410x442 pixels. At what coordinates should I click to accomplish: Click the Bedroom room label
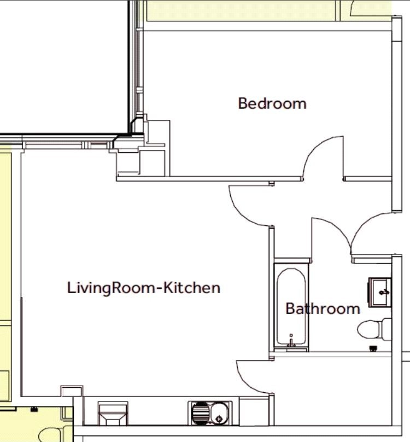tap(272, 103)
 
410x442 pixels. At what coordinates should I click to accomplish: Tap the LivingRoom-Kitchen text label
tap(144, 288)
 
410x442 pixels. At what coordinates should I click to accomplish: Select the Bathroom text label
tap(323, 309)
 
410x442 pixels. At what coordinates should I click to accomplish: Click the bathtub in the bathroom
tap(291, 307)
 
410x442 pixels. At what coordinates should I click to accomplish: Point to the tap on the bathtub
tap(291, 342)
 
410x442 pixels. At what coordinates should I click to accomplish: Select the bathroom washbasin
tap(380, 292)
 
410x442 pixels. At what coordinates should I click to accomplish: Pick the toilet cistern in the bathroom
tap(386, 329)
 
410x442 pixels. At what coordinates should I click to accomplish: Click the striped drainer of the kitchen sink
tap(200, 413)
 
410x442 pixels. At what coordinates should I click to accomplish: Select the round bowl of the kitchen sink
tap(219, 413)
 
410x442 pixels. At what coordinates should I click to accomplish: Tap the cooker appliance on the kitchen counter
tap(113, 414)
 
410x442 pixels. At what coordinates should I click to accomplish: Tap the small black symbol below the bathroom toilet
tap(373, 348)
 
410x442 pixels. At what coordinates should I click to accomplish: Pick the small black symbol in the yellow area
tap(34, 409)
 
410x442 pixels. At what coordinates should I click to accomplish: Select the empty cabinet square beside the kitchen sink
tap(254, 411)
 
